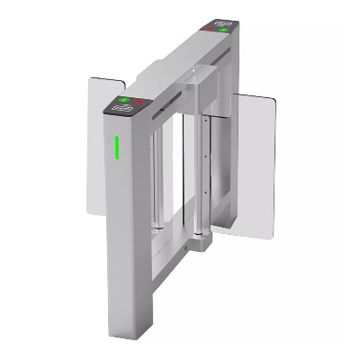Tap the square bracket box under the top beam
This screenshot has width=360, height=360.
pyautogui.click(x=193, y=89)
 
